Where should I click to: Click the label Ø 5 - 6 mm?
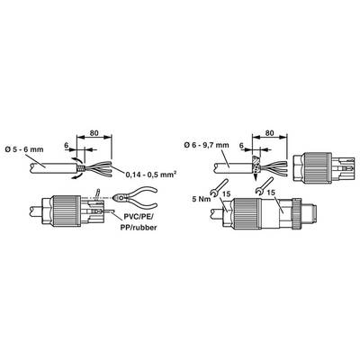[25, 149]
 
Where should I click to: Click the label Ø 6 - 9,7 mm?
[207, 145]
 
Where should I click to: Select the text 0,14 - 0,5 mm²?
[150, 175]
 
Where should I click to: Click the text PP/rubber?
[139, 228]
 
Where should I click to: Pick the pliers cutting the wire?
[135, 197]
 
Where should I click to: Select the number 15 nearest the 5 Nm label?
[227, 193]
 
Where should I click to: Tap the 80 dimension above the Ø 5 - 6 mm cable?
[94, 132]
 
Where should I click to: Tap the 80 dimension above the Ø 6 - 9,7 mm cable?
[270, 132]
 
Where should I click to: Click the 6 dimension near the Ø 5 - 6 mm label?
[67, 145]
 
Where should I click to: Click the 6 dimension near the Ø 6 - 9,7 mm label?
[241, 145]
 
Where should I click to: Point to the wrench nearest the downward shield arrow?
[264, 185]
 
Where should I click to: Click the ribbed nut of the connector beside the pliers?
[67, 211]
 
